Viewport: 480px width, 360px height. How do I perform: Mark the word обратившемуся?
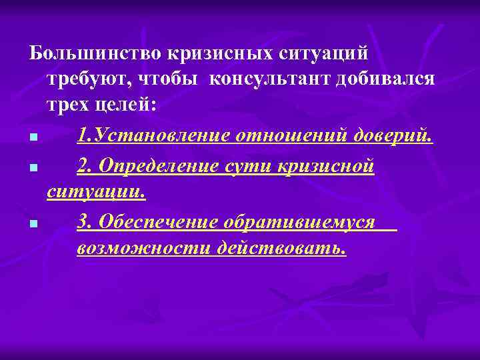pyautogui.click(x=304, y=222)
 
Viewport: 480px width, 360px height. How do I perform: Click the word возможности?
pyautogui.click(x=142, y=249)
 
